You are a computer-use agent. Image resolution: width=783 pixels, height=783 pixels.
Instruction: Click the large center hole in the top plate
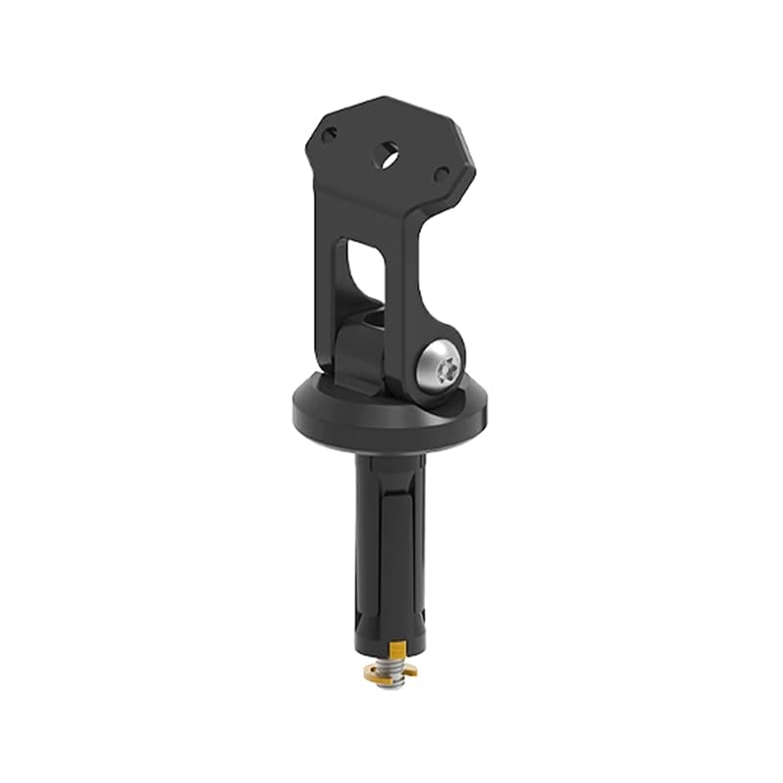(x=390, y=154)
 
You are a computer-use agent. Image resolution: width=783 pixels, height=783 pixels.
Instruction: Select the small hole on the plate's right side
(x=441, y=174)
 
